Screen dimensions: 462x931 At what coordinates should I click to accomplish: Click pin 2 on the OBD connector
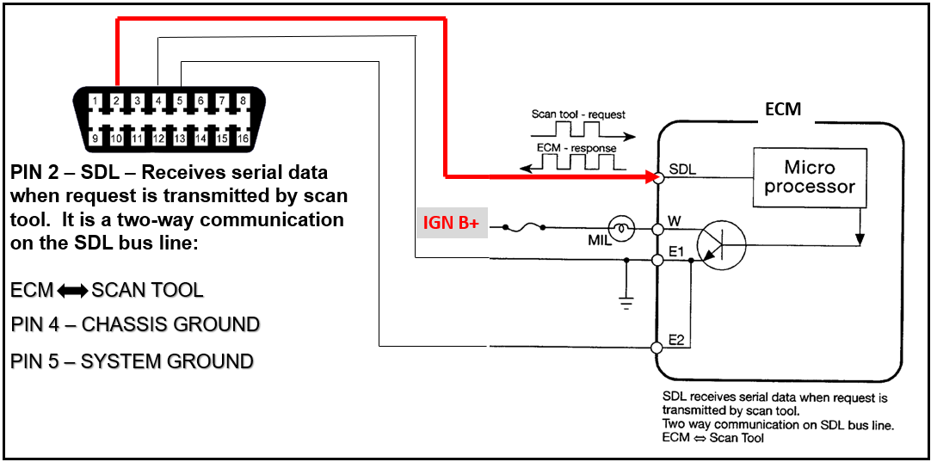[116, 102]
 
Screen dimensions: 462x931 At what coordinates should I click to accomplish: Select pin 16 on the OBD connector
[244, 138]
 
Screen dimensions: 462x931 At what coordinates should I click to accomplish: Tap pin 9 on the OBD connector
[95, 138]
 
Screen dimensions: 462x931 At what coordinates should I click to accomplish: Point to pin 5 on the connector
[180, 102]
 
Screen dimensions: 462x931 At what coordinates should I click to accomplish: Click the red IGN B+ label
[449, 223]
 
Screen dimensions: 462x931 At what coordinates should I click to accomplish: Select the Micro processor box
[809, 176]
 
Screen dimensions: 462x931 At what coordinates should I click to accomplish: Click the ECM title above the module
[782, 110]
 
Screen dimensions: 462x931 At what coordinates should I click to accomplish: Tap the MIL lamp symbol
[622, 229]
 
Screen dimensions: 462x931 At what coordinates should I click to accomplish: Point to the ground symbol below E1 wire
[626, 300]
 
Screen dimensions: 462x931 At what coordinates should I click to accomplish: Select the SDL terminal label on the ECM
[681, 170]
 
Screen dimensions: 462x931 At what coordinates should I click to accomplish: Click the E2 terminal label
[677, 340]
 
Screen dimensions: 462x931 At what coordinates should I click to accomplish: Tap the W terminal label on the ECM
[674, 222]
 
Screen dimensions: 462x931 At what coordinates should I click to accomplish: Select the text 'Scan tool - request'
[578, 114]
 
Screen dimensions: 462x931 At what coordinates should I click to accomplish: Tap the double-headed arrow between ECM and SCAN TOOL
[72, 291]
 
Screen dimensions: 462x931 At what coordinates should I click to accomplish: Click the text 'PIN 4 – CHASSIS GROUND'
[135, 324]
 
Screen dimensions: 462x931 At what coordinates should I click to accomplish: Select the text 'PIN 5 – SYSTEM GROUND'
[132, 360]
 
